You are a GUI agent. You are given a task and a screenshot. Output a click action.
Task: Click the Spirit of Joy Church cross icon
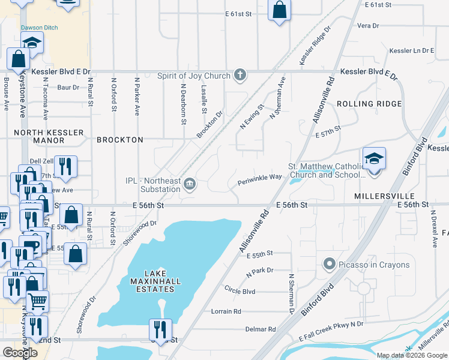coord(240,76)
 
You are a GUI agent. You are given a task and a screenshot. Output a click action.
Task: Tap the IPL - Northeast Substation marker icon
coord(190,184)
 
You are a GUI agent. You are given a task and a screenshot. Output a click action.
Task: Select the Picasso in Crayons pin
coord(328,265)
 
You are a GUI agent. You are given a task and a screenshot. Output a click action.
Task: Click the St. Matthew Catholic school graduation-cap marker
coord(374,159)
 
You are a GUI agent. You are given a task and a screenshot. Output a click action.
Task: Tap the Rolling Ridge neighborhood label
coord(369,104)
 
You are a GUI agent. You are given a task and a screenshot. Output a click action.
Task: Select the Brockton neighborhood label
coord(120,140)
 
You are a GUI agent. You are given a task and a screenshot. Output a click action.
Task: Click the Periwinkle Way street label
coord(259,178)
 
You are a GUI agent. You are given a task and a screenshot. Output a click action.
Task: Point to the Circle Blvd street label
coord(240,292)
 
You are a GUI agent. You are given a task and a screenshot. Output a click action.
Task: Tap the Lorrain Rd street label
coord(226,311)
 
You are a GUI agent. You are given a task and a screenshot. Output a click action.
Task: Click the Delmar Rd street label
coord(260,329)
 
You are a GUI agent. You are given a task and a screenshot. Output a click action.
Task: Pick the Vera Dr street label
coord(368,26)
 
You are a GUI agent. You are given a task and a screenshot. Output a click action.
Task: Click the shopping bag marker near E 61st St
coord(279,10)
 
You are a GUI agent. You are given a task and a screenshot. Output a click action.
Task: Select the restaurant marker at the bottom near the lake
coord(160,329)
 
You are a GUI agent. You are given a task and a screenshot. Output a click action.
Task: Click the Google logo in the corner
coord(20,353)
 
